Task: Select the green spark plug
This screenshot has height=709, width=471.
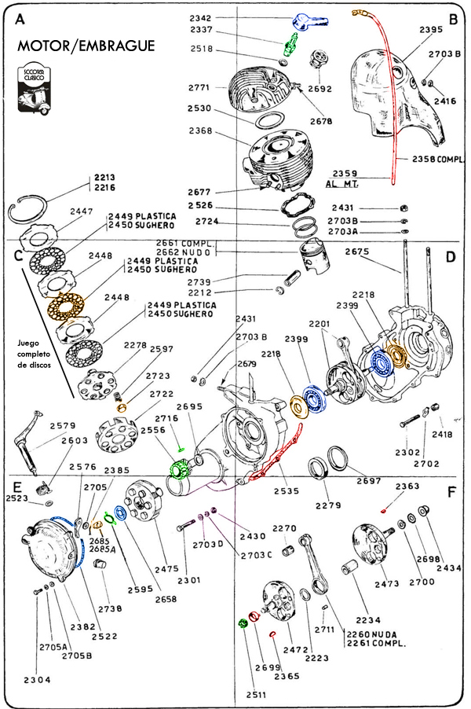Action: point(290,46)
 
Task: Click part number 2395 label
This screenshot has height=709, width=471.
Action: point(431,30)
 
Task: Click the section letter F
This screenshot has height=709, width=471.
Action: point(451,494)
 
